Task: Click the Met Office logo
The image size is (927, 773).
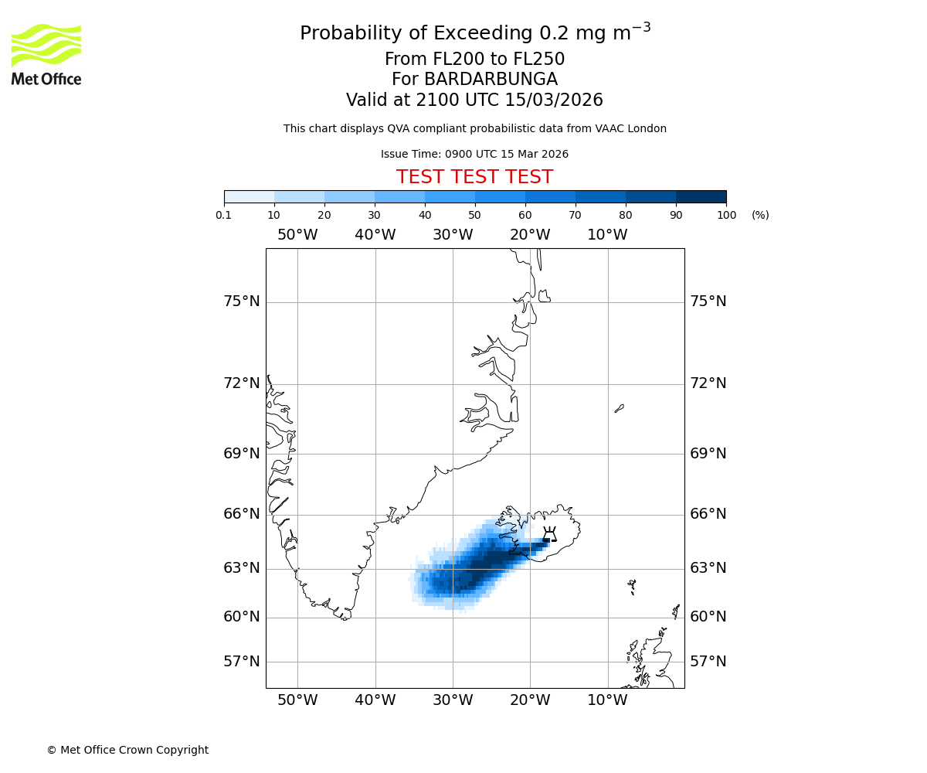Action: tap(46, 54)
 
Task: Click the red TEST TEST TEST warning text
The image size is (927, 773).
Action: tap(474, 177)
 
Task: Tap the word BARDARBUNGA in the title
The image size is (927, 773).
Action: tap(474, 80)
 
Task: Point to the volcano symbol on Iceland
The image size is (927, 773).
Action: tap(549, 534)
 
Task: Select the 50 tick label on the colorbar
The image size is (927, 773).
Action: tap(474, 215)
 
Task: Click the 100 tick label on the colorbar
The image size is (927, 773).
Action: tap(726, 215)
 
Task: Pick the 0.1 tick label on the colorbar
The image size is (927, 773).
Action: tap(224, 215)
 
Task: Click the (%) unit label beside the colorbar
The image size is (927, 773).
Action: tap(760, 215)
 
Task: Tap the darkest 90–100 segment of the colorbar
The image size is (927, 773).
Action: tap(701, 196)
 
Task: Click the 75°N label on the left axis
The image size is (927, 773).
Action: tap(242, 301)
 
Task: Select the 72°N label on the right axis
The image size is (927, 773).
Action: tap(708, 383)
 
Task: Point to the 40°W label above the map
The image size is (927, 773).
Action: tap(375, 235)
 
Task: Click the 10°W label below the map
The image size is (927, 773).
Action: tap(607, 700)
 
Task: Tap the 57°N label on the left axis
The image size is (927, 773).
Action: tap(242, 662)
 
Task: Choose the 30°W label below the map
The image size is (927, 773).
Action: tap(453, 700)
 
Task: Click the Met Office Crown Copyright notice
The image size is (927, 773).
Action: tap(127, 750)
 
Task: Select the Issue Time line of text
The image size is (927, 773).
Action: tap(474, 154)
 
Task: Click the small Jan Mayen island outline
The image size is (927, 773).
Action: tap(619, 408)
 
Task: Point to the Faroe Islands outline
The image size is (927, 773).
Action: tap(632, 586)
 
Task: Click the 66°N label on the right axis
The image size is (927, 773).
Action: tap(708, 514)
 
